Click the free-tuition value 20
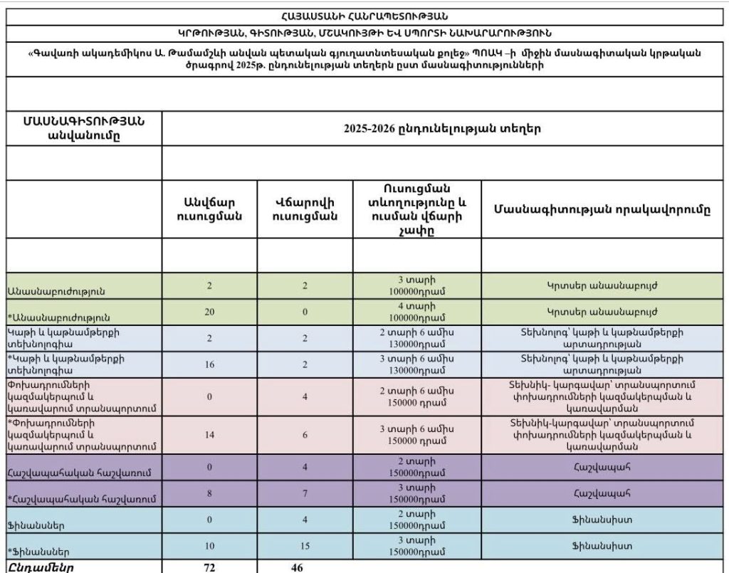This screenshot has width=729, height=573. point(209,312)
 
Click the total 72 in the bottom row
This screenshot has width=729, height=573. point(209,567)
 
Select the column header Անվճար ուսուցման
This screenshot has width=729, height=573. point(209,209)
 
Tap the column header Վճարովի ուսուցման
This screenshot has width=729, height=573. point(305,209)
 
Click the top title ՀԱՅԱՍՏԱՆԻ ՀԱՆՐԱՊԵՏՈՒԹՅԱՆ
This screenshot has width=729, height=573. point(364,16)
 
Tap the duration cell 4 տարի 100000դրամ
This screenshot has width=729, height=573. point(417,312)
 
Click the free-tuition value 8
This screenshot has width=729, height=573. point(209,493)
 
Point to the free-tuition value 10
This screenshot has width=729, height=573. point(209,546)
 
